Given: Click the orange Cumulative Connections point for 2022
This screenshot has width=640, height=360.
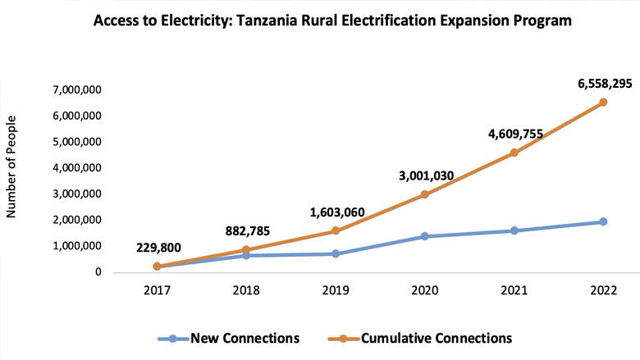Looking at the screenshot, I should pyautogui.click(x=603, y=103).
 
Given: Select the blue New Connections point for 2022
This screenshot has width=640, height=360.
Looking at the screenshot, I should pyautogui.click(x=603, y=221).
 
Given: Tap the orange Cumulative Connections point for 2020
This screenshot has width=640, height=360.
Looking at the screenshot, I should pyautogui.click(x=424, y=194).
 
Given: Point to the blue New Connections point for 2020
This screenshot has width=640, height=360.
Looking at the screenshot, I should pyautogui.click(x=424, y=236).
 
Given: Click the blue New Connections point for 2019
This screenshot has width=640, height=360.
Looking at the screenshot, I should pyautogui.click(x=335, y=253).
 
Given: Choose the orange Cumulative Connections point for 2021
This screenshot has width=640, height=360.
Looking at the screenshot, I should pyautogui.click(x=514, y=153).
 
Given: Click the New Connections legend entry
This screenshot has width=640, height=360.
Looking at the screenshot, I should pyautogui.click(x=235, y=338).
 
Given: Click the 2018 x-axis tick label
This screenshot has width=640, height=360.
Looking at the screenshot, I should pyautogui.click(x=245, y=289).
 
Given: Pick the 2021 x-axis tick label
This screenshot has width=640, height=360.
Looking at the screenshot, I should pyautogui.click(x=514, y=289).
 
